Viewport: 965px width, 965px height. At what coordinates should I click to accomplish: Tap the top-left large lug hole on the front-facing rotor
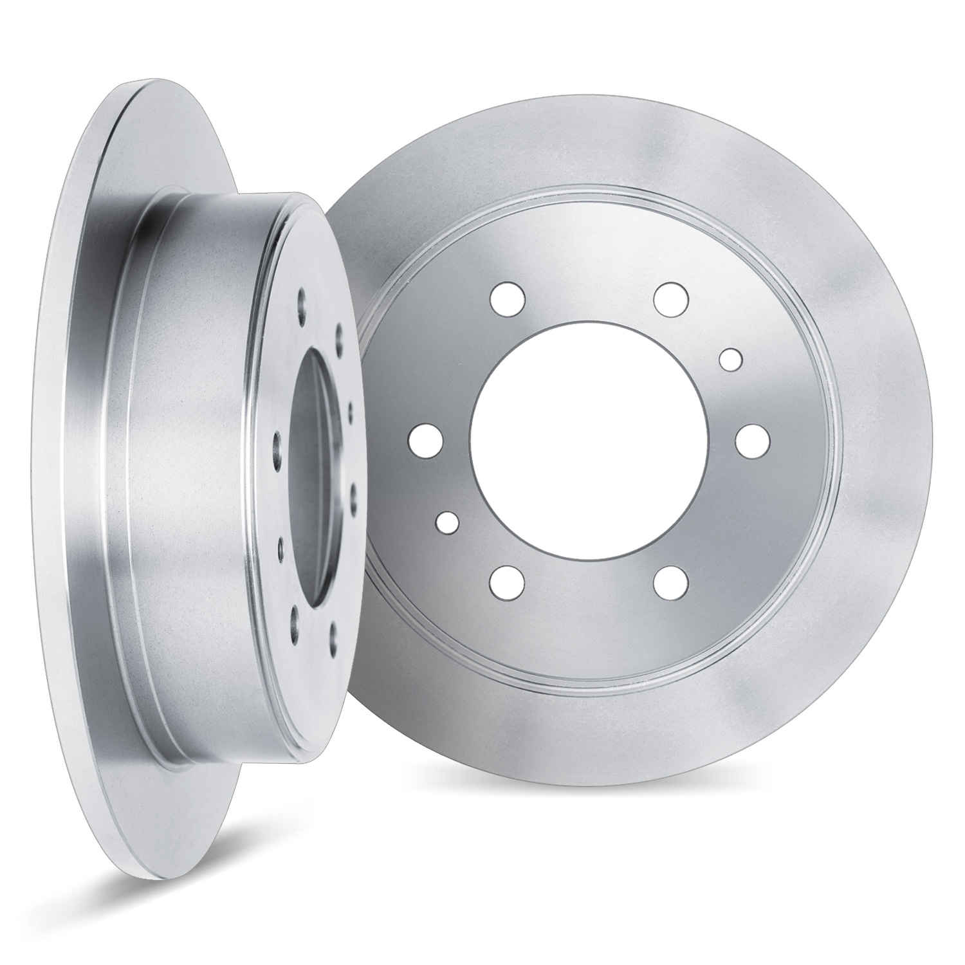[x=508, y=298]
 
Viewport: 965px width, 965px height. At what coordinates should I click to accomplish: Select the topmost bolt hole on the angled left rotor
[x=303, y=298]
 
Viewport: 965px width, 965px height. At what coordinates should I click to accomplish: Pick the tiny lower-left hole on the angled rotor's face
[x=281, y=547]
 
